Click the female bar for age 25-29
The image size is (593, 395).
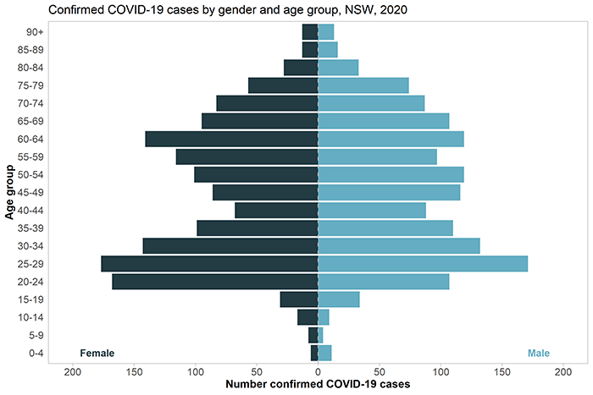pyautogui.click(x=209, y=264)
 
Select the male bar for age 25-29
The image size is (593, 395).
pyautogui.click(x=423, y=264)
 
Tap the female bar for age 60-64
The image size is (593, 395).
pyautogui.click(x=231, y=139)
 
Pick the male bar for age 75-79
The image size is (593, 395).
pyautogui.click(x=363, y=85)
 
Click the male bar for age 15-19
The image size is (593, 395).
pyautogui.click(x=339, y=299)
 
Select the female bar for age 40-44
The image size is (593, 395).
pyautogui.click(x=276, y=210)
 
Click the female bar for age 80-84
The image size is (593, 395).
pyautogui.click(x=301, y=68)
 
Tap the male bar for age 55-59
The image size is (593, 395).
pyautogui.click(x=378, y=156)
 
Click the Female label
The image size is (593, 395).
pyautogui.click(x=97, y=353)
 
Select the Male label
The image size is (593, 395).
pyautogui.click(x=539, y=353)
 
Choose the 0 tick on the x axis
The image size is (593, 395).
pyautogui.click(x=318, y=371)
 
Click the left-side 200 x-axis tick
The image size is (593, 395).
pyautogui.click(x=73, y=371)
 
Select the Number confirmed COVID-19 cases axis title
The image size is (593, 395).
pyautogui.click(x=318, y=385)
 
